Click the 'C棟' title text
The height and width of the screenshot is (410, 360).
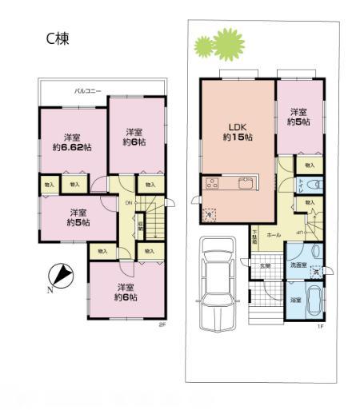click(x=58, y=38)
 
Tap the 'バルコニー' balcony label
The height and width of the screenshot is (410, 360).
click(x=88, y=90)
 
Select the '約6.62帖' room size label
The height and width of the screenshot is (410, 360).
click(x=73, y=147)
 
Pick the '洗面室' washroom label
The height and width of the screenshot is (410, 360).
click(x=299, y=265)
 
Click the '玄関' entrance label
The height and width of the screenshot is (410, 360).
click(x=266, y=265)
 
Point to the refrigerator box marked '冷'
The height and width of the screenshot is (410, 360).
click(x=210, y=214)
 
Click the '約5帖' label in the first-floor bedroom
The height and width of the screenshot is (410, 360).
click(x=299, y=123)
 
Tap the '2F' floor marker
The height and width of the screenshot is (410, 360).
click(x=161, y=324)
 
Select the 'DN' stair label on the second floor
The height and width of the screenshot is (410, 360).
click(x=128, y=203)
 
